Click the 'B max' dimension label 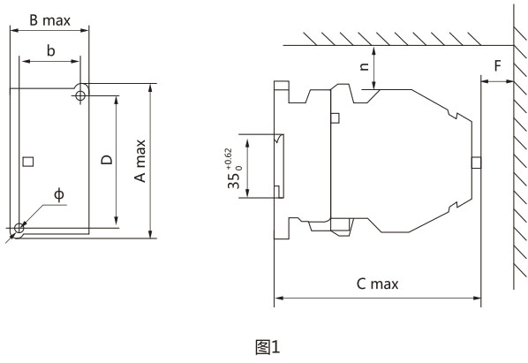click(49, 20)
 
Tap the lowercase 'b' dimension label click(50, 51)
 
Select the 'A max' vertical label click(140, 161)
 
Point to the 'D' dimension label click(107, 160)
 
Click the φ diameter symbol click(59, 194)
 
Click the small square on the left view click(28, 162)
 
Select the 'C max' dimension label click(377, 284)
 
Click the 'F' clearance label click(498, 66)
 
